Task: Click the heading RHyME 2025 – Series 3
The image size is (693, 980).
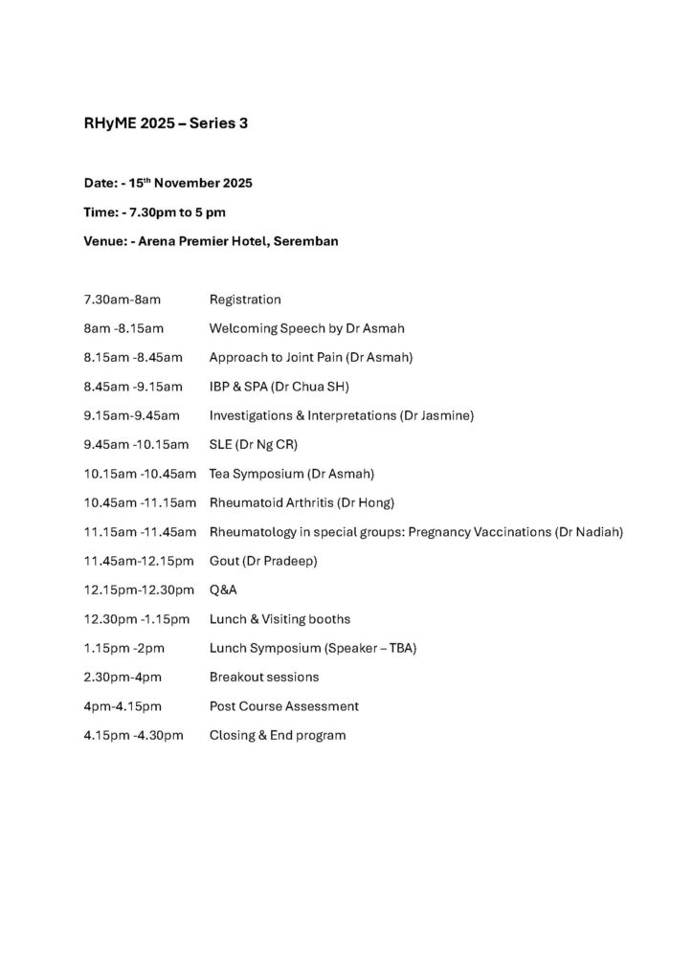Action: click(x=166, y=124)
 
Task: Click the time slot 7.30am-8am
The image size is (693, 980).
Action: click(x=122, y=300)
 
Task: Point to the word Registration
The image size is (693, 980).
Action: click(x=245, y=300)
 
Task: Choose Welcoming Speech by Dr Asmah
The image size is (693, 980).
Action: click(x=306, y=328)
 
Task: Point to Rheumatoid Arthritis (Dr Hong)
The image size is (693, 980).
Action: click(x=302, y=502)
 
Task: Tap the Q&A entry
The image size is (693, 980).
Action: click(x=223, y=590)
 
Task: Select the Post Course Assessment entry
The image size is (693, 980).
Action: click(x=283, y=706)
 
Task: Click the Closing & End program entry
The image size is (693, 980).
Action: click(x=278, y=735)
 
